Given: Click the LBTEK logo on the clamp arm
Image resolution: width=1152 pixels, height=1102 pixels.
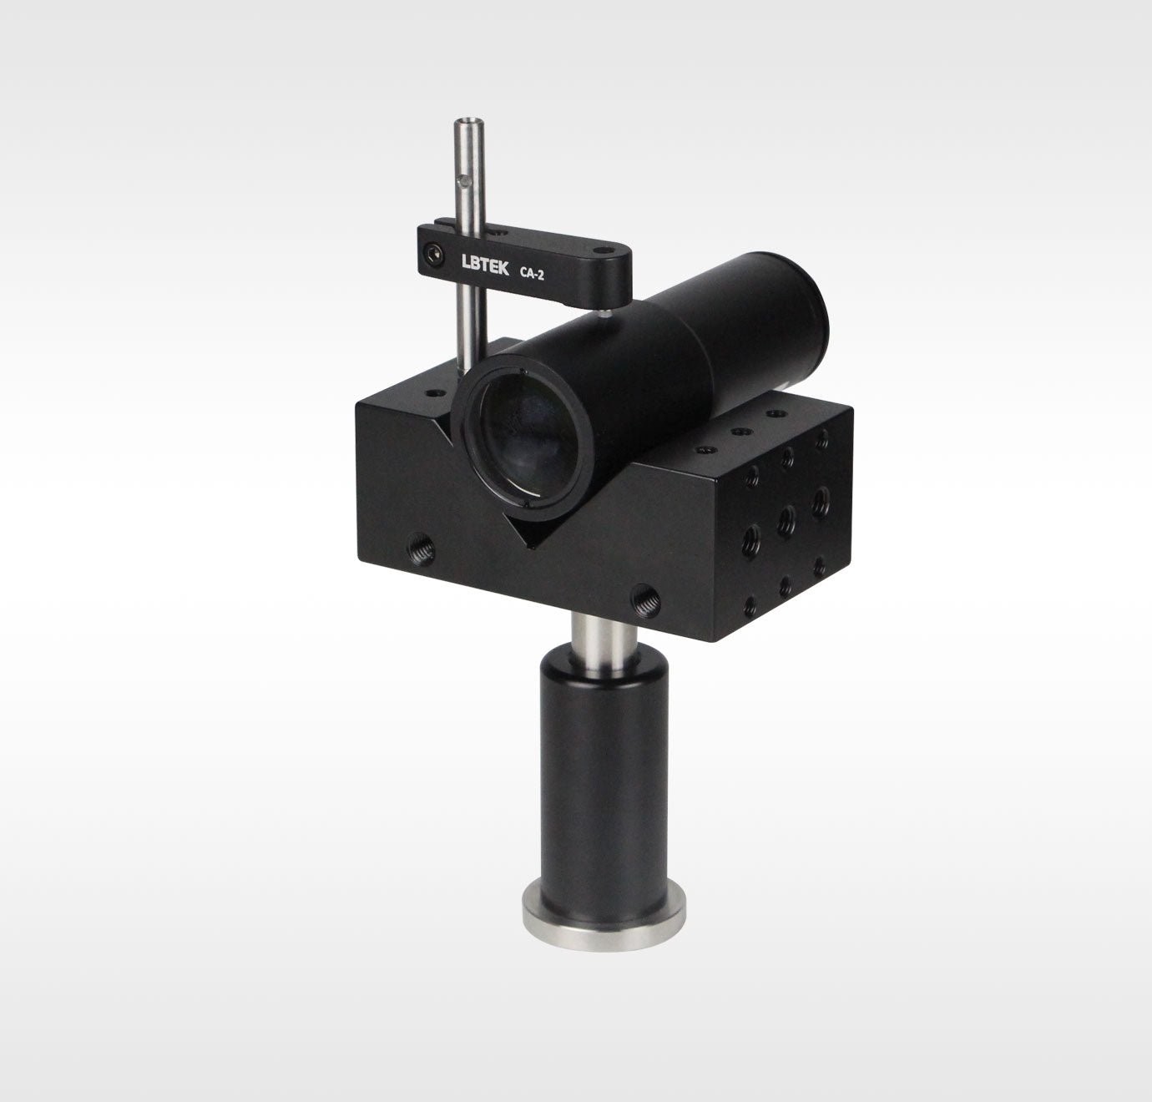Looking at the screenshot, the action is [x=485, y=265].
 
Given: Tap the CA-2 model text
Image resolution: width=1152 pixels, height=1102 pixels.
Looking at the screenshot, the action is [x=532, y=274].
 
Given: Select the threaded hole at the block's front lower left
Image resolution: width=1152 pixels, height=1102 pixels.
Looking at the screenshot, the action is [x=421, y=548].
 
